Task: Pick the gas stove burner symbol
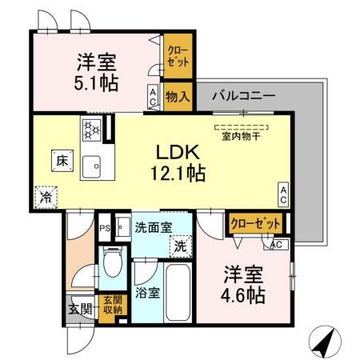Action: pos(90,128)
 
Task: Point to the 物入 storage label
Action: pos(178,98)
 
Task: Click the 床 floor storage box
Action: pos(62,160)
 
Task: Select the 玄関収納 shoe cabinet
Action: pos(113,304)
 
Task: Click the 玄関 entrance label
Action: pos(79,308)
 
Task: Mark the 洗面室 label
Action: pos(153,227)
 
